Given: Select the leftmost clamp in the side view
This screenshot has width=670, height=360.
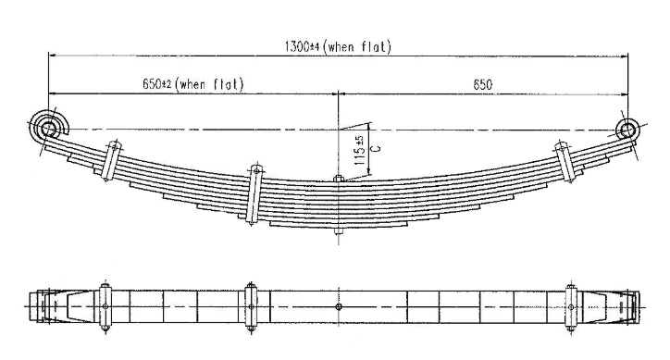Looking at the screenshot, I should point(113,162).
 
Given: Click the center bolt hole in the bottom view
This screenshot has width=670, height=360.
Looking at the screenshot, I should point(341,307).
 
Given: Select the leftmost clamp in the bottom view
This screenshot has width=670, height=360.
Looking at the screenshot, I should point(107,306).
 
